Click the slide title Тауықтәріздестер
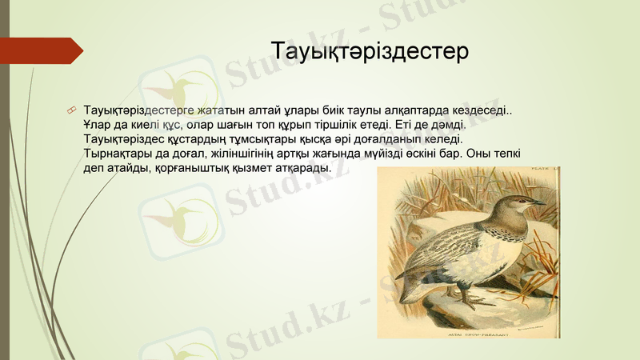click(369, 51)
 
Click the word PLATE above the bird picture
click(543, 170)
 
